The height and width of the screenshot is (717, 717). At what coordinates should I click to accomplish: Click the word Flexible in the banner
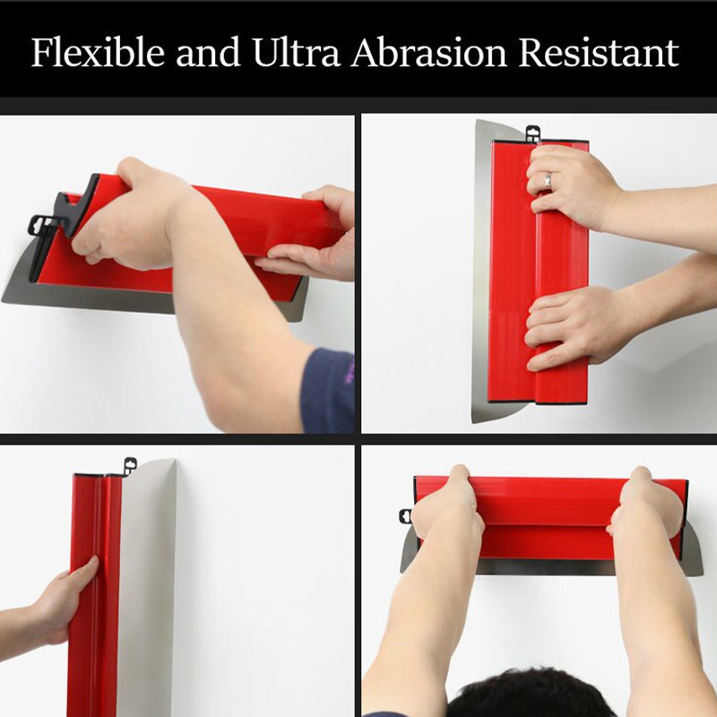click(98, 52)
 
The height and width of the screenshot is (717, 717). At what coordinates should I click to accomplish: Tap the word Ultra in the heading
click(296, 52)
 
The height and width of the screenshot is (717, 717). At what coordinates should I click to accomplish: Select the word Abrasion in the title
click(429, 52)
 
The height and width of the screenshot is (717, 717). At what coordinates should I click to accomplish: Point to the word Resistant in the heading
click(599, 52)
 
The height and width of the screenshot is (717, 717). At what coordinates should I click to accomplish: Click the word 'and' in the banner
click(209, 52)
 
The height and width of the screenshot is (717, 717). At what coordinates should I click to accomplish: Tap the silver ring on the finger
click(548, 179)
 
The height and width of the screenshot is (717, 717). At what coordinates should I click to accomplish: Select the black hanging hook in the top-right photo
click(532, 134)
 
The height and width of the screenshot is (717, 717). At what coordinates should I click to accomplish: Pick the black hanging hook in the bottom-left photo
click(130, 466)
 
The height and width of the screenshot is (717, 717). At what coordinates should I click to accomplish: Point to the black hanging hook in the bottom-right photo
click(405, 516)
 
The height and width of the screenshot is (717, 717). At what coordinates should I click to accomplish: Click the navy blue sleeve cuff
click(328, 391)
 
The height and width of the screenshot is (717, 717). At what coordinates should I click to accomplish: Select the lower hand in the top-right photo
click(569, 327)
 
